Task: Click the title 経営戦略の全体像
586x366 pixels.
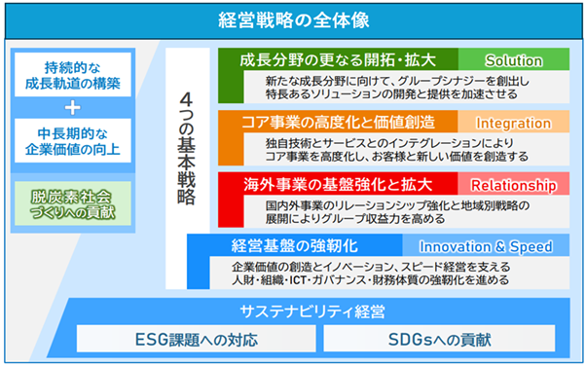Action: click(294, 20)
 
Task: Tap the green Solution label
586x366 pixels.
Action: click(514, 59)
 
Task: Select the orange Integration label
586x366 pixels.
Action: click(514, 123)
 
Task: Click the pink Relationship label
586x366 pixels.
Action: click(514, 184)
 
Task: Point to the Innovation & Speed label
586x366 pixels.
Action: click(486, 246)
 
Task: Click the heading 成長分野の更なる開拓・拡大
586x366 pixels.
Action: click(338, 59)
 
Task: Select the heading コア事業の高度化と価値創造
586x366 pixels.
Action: click(338, 123)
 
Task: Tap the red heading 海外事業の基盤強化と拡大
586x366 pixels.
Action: click(338, 184)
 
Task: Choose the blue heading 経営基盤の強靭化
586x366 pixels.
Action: click(295, 246)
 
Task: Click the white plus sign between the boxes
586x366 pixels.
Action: click(72, 108)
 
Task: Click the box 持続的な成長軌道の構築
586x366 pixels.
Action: click(73, 75)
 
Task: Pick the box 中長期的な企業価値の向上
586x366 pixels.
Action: click(73, 140)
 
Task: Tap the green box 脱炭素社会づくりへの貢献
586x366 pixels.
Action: click(73, 203)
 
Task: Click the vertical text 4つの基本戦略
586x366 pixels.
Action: click(186, 148)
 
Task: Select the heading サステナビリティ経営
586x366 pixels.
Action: click(312, 311)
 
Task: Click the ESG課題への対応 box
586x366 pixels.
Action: click(197, 339)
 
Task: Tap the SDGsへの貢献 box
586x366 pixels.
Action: click(440, 339)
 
